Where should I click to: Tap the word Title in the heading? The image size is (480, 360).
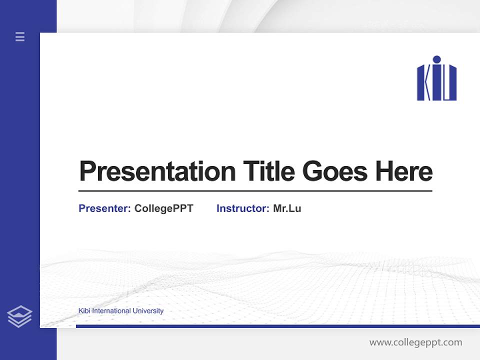coord(269,171)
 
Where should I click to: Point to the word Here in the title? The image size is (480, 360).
coord(404,171)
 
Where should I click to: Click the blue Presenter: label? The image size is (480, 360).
coord(104,208)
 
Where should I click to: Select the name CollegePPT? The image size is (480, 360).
coord(163,208)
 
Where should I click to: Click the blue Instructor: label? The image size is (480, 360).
coord(242,208)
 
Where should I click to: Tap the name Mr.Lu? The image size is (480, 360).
coord(287,208)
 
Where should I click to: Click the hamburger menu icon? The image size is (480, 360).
coord(20,36)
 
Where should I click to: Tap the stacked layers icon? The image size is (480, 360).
coord(19,316)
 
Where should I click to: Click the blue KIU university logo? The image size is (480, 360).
coord(436,78)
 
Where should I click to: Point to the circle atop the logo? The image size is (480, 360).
coord(436,59)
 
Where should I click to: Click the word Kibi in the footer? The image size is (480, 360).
coord(84,311)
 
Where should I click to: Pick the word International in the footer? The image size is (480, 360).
coord(111,311)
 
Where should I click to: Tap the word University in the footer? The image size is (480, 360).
coord(147,311)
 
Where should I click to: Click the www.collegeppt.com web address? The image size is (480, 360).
coord(415,342)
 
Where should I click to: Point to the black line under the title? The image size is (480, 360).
coord(255,191)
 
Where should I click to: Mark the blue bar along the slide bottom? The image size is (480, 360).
coord(277,326)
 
